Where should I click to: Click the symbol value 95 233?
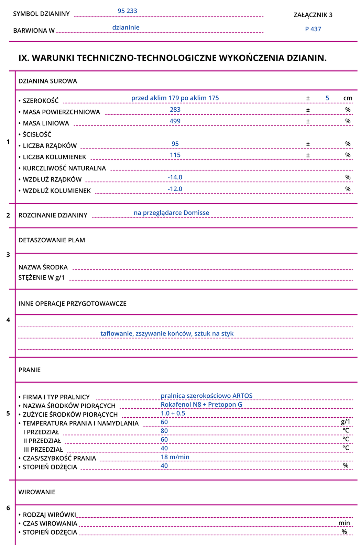pyautogui.click(x=127, y=11)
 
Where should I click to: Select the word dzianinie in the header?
pyautogui.click(x=126, y=27)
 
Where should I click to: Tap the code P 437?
pyautogui.click(x=313, y=29)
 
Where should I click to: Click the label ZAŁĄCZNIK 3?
pyautogui.click(x=313, y=15)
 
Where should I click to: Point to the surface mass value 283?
pyautogui.click(x=175, y=110)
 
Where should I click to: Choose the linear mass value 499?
pyautogui.click(x=175, y=121)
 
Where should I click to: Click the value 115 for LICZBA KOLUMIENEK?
pyautogui.click(x=175, y=155)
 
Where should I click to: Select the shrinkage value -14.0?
pyautogui.click(x=175, y=177)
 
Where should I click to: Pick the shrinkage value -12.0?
pyautogui.click(x=175, y=189)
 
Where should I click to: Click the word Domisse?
pyautogui.click(x=196, y=213)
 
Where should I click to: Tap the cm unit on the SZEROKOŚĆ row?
pyautogui.click(x=348, y=98)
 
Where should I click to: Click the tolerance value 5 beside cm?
pyautogui.click(x=327, y=98)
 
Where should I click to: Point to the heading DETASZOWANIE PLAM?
pyautogui.click(x=52, y=240)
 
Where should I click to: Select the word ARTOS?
pyautogui.click(x=242, y=396)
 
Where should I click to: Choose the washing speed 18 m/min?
pyautogui.click(x=175, y=457)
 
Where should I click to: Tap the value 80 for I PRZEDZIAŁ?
pyautogui.click(x=164, y=431)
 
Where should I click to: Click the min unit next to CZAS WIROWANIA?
pyautogui.click(x=344, y=523)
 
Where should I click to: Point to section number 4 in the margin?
pyautogui.click(x=8, y=320)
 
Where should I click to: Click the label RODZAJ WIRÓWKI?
pyautogui.click(x=49, y=515)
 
